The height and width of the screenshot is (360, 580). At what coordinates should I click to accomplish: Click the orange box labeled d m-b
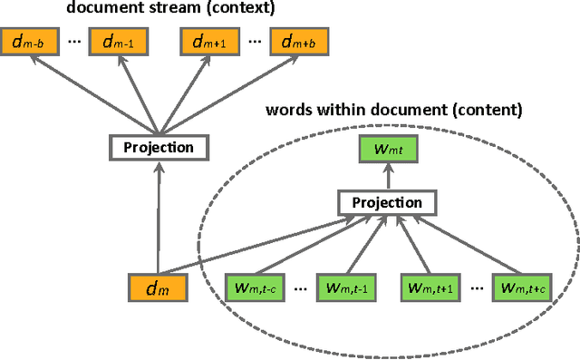[30, 41]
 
